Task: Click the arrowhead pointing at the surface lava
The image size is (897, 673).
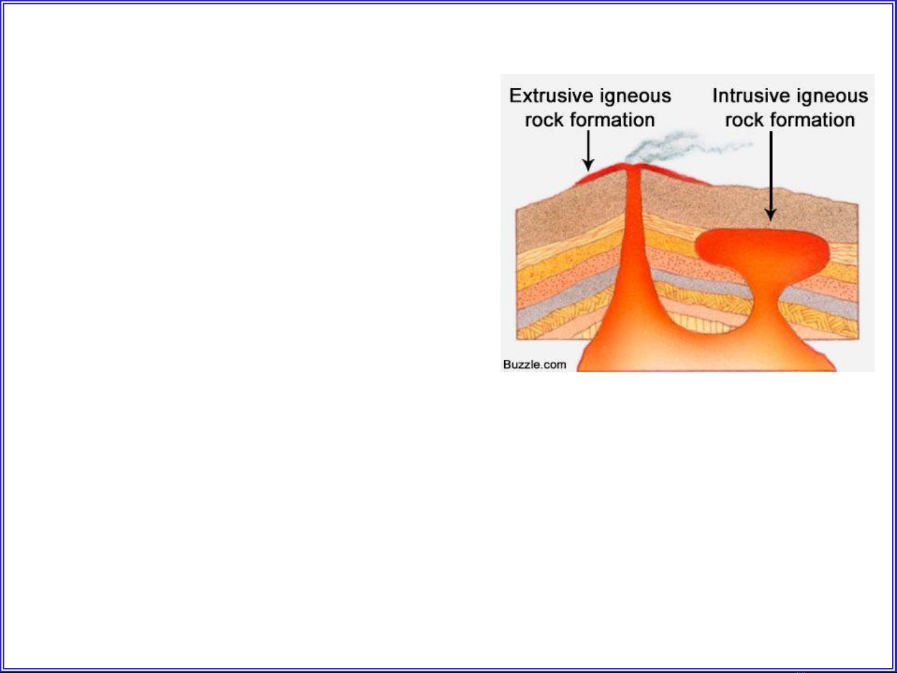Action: click(x=588, y=165)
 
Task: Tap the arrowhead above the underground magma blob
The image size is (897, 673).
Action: click(x=771, y=215)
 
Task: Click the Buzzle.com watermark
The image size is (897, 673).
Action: click(x=535, y=364)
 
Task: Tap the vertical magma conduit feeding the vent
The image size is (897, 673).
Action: click(x=634, y=229)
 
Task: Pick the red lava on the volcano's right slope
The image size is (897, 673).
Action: click(x=674, y=174)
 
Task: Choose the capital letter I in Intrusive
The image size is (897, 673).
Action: click(x=715, y=96)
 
